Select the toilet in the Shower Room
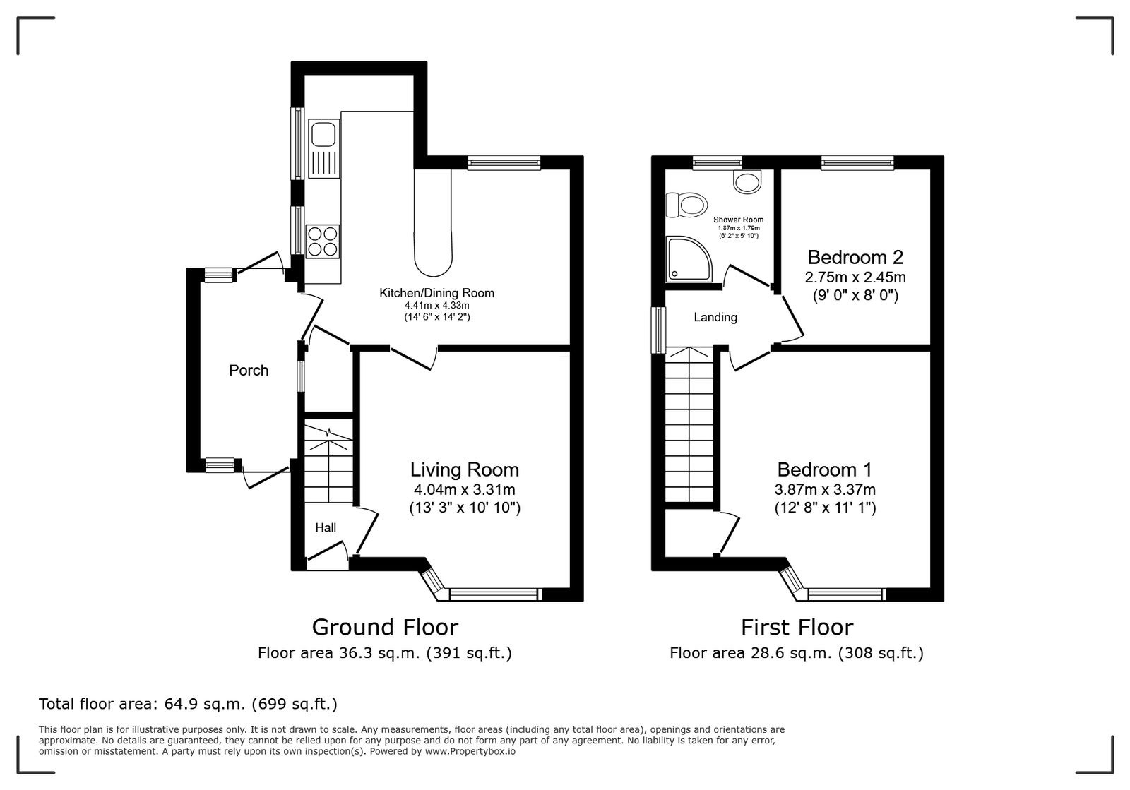(x=686, y=205)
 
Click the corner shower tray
(x=689, y=258)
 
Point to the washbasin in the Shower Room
(x=747, y=181)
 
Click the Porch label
(x=248, y=371)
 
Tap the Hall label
(x=326, y=527)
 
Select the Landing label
(x=715, y=317)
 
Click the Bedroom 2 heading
(x=855, y=257)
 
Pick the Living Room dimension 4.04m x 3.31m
(x=464, y=489)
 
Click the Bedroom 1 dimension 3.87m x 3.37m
(x=825, y=489)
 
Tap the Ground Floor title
(x=385, y=627)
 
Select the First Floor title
(x=797, y=627)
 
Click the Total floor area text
(x=188, y=704)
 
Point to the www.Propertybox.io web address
(x=470, y=751)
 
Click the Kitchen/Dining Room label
(x=436, y=293)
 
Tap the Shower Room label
(x=738, y=220)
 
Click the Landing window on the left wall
(x=658, y=330)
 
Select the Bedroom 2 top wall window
(x=857, y=162)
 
